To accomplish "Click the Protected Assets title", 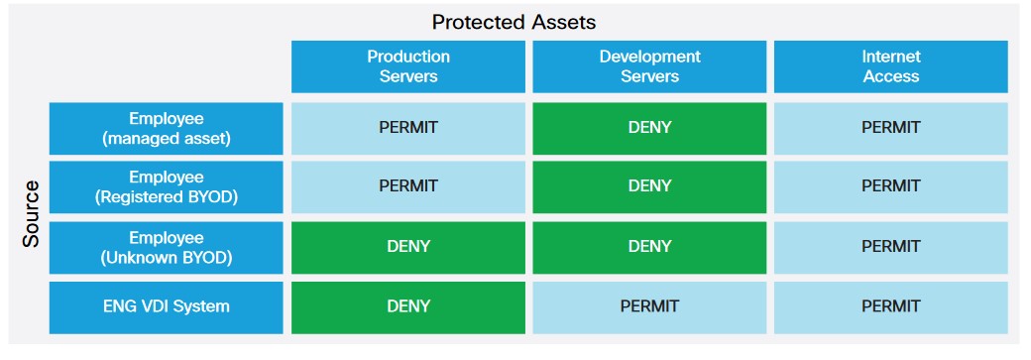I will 514,21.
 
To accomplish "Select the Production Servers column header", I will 407,66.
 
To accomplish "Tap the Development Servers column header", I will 649,66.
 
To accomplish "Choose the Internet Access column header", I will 890,66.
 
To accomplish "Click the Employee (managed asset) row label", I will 166,128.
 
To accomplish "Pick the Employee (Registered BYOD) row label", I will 166,186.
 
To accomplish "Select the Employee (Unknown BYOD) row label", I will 166,247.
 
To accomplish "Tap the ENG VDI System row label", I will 166,306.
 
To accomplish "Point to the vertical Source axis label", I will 31,213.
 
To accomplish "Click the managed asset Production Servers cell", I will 407,128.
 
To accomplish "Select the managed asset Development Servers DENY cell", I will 649,128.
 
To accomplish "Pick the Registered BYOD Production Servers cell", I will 407,186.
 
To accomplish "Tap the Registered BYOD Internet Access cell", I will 890,186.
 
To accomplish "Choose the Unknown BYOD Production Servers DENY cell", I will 407,247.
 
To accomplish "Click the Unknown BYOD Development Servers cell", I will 649,247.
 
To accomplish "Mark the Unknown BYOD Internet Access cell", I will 890,247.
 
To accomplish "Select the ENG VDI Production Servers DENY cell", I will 407,306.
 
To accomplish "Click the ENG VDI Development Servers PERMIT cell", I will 649,306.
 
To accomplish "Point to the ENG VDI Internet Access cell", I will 890,306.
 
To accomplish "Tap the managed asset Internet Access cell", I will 890,128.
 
